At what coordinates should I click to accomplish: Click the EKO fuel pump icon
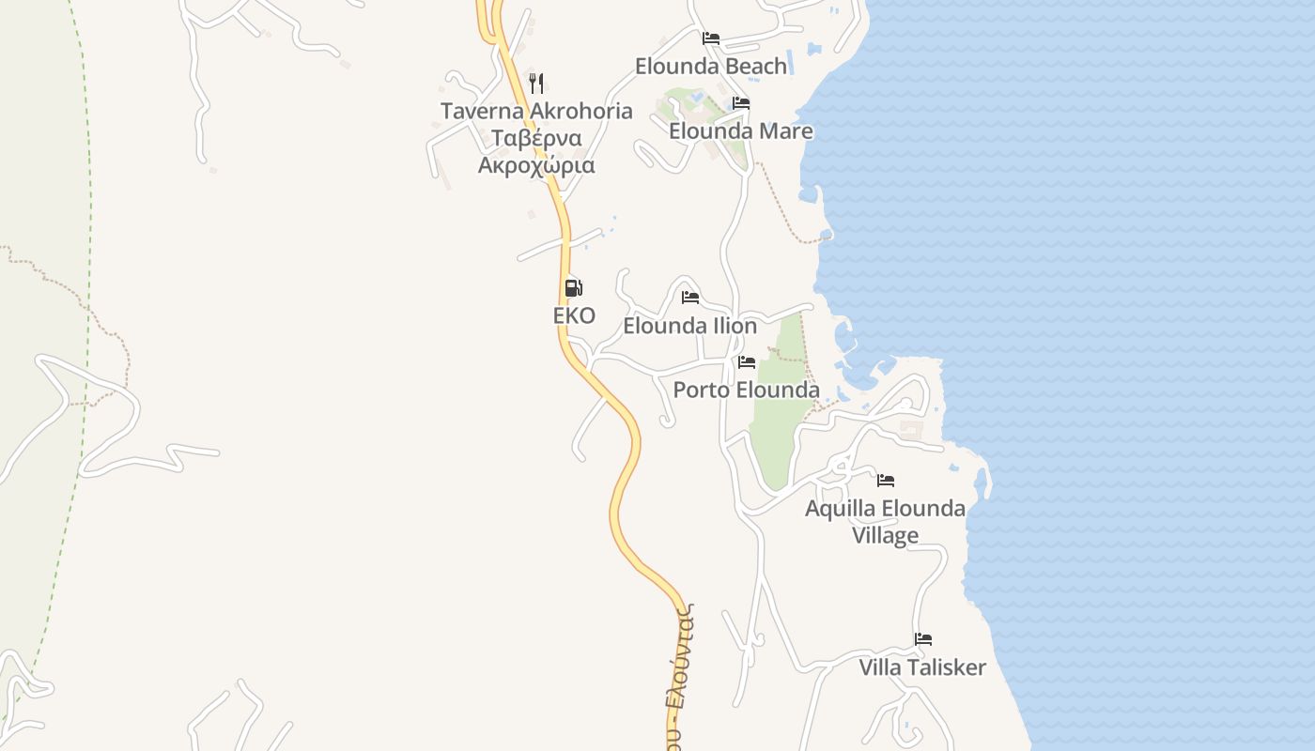[x=573, y=288]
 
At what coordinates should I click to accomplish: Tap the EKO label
[x=574, y=315]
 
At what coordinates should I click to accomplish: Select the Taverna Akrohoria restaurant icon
[x=536, y=83]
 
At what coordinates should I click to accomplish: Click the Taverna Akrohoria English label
[x=536, y=111]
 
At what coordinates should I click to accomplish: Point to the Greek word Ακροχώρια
[x=536, y=165]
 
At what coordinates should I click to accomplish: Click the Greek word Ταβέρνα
[x=536, y=138]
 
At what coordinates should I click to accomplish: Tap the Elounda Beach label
[x=711, y=66]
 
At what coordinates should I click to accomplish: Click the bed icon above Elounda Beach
[x=711, y=38]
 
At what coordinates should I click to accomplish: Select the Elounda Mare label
[x=741, y=130]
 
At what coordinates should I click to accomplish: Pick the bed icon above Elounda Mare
[x=741, y=103]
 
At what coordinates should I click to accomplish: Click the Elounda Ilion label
[x=690, y=326]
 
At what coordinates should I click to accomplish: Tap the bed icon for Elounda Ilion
[x=690, y=298]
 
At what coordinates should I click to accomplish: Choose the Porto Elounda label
[x=747, y=390]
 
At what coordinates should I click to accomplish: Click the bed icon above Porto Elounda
[x=747, y=361]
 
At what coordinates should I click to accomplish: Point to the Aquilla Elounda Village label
[x=885, y=521]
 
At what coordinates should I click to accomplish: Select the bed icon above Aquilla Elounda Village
[x=886, y=481]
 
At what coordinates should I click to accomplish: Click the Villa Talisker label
[x=922, y=667]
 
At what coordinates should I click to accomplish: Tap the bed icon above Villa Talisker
[x=923, y=639]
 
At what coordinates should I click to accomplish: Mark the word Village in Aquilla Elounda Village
[x=885, y=535]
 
